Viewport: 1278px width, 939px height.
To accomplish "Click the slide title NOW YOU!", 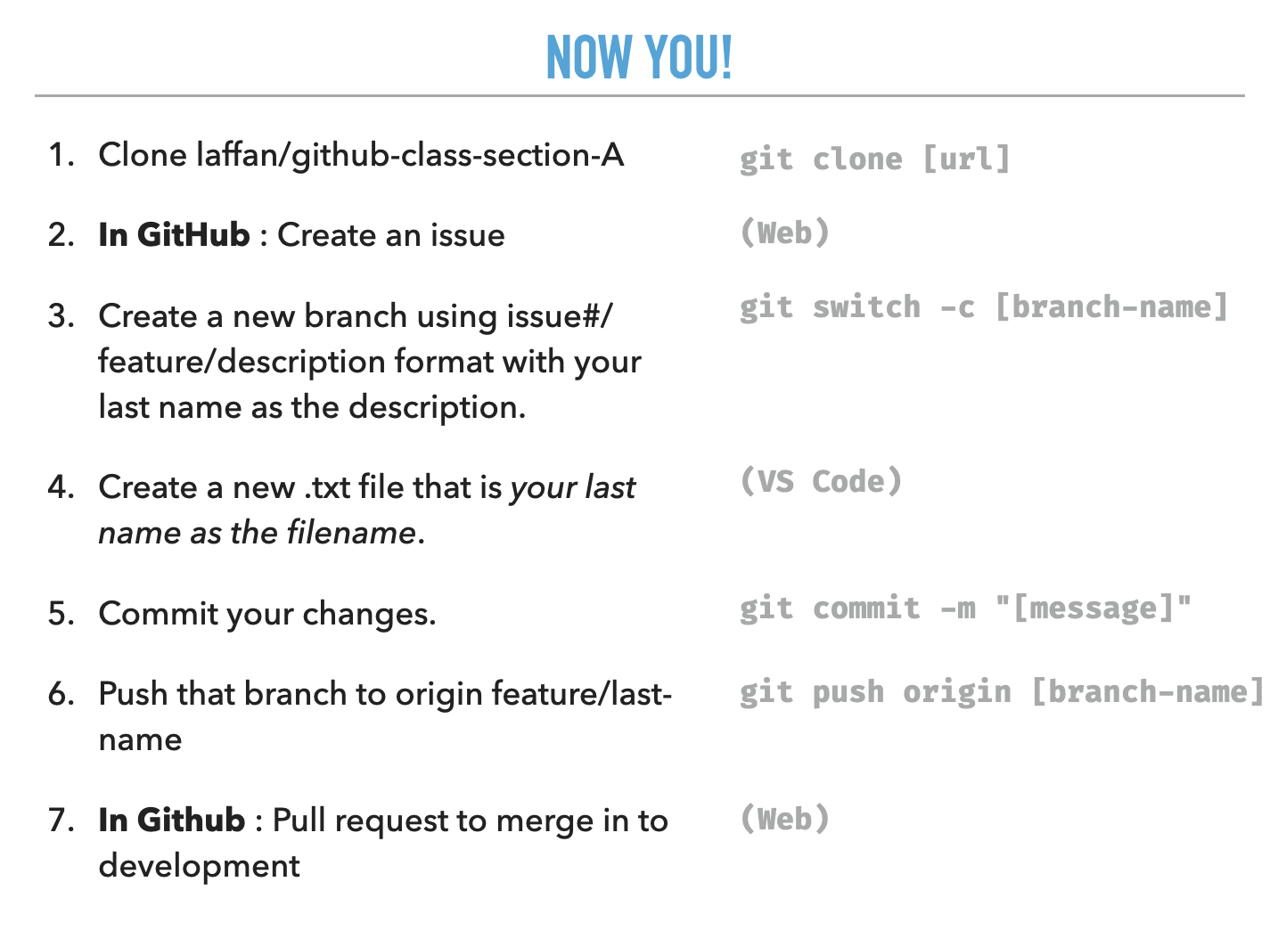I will (x=639, y=57).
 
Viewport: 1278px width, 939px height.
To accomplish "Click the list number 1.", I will (x=61, y=155).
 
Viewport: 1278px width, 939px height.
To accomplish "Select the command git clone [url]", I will (x=874, y=159).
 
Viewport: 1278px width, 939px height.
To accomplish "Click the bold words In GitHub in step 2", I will (x=174, y=235).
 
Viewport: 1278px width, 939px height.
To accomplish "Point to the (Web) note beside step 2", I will (x=784, y=233).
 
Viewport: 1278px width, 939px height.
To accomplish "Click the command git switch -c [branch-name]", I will (x=983, y=307).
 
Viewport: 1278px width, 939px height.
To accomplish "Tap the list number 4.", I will (x=61, y=487).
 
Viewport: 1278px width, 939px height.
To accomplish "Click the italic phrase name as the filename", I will (x=257, y=533).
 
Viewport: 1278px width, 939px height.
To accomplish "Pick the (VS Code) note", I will (x=821, y=482).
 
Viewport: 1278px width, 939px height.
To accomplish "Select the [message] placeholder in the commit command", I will (x=1094, y=608).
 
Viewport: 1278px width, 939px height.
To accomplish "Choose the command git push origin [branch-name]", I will (x=1001, y=692).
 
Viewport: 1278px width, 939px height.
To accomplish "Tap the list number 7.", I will (x=61, y=821).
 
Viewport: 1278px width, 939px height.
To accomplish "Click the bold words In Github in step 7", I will (x=172, y=821).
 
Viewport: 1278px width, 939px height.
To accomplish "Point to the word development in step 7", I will (x=199, y=866).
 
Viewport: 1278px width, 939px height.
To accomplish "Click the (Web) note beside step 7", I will (x=784, y=819).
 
